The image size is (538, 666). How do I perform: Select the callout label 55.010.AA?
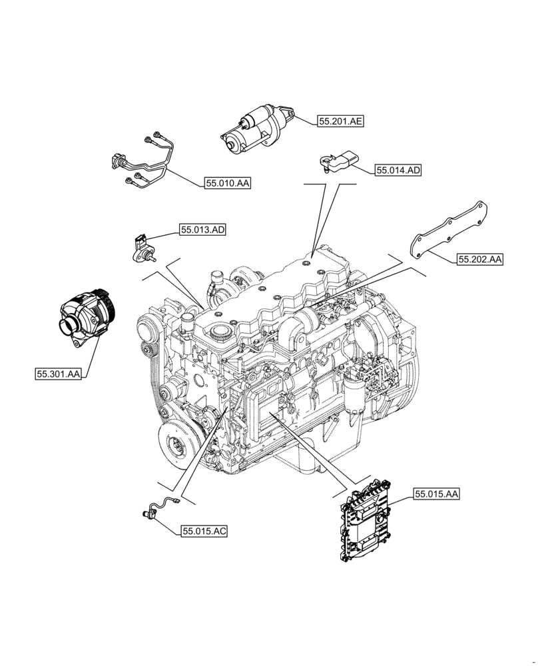(x=228, y=183)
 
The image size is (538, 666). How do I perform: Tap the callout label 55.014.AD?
(x=398, y=170)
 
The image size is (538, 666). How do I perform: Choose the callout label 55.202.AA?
(x=479, y=259)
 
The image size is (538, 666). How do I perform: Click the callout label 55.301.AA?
(x=58, y=374)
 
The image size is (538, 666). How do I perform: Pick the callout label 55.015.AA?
(x=437, y=494)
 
